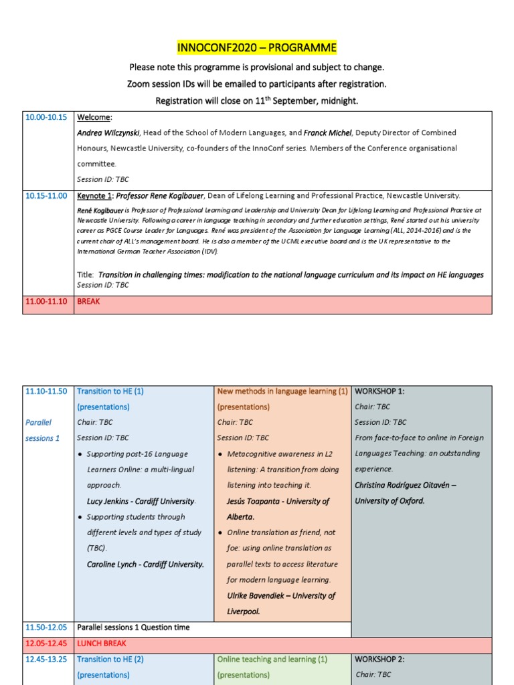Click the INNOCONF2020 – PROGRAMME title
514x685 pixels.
(x=257, y=48)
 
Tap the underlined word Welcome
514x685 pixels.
(x=94, y=117)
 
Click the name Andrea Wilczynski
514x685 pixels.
(x=108, y=133)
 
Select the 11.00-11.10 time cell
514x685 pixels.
(x=46, y=302)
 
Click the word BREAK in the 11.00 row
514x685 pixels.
(x=88, y=302)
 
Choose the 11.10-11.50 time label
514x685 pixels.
(x=46, y=391)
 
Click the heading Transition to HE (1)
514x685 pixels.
(x=110, y=391)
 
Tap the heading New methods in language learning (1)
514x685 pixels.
(x=282, y=391)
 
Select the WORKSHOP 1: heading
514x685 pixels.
(x=380, y=391)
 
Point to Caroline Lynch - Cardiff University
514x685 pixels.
(x=145, y=565)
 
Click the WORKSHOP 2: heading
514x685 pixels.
(x=380, y=659)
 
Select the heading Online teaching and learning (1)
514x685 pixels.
(x=272, y=659)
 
